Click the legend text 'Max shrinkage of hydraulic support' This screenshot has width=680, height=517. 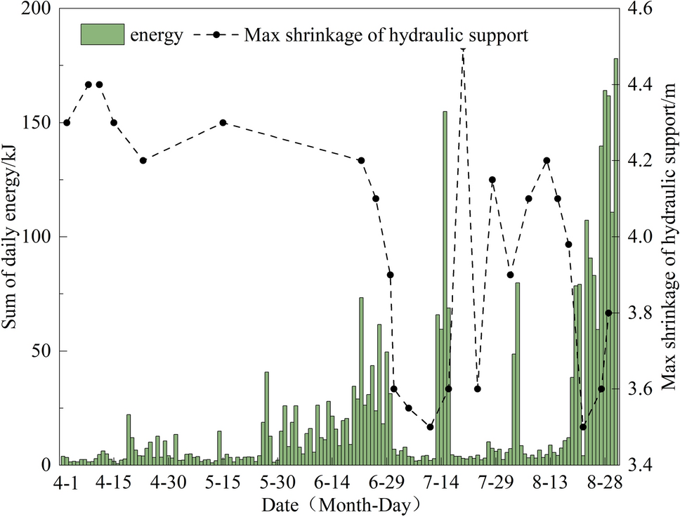(386, 34)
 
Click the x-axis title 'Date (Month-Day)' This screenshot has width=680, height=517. (340, 504)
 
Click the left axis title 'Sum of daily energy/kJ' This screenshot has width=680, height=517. (11, 237)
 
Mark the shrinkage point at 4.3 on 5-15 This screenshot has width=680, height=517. (223, 122)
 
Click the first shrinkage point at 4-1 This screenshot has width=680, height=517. (67, 122)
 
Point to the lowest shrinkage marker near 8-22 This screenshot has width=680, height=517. (582, 426)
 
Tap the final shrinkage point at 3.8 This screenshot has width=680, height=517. (609, 313)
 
